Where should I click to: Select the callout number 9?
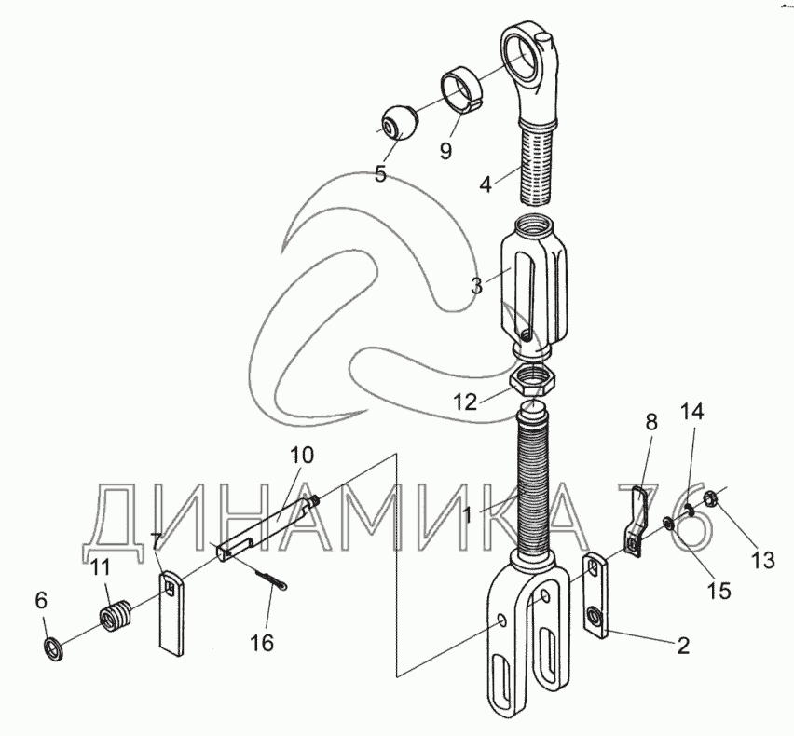[446, 151]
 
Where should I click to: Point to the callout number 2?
[683, 645]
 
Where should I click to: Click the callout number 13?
[763, 560]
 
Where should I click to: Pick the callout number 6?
[41, 602]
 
